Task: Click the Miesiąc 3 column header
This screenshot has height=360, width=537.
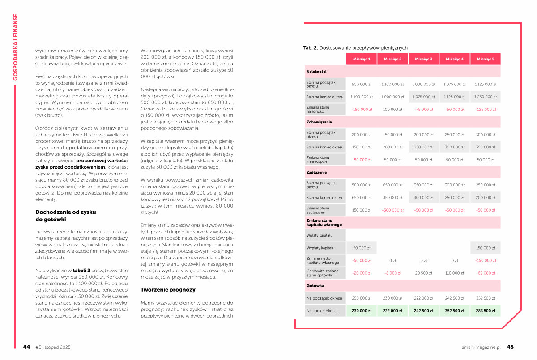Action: [x=423, y=59]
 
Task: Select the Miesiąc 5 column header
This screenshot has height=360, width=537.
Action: [x=486, y=59]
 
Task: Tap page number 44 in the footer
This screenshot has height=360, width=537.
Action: [x=27, y=347]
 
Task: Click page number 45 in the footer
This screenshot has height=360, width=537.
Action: [x=510, y=347]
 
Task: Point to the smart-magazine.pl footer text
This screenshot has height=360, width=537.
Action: [x=481, y=347]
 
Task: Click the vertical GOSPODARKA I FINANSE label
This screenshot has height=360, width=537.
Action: [x=15, y=47]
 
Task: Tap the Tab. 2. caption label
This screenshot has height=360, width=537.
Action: [x=310, y=48]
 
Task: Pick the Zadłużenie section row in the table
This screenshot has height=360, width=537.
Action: [x=316, y=172]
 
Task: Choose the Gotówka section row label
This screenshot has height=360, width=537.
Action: [x=315, y=285]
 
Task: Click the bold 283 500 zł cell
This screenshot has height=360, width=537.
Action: [x=486, y=310]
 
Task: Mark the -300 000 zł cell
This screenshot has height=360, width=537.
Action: [x=392, y=210]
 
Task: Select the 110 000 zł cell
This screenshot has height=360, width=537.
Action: [x=455, y=272]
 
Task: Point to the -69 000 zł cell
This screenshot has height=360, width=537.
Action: [x=486, y=272]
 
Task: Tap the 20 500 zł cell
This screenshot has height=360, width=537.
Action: [x=423, y=272]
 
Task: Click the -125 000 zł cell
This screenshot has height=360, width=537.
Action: [x=486, y=109]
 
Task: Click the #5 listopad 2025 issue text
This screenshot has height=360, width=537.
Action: [x=52, y=347]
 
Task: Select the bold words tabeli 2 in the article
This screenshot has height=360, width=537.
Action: [x=84, y=271]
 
